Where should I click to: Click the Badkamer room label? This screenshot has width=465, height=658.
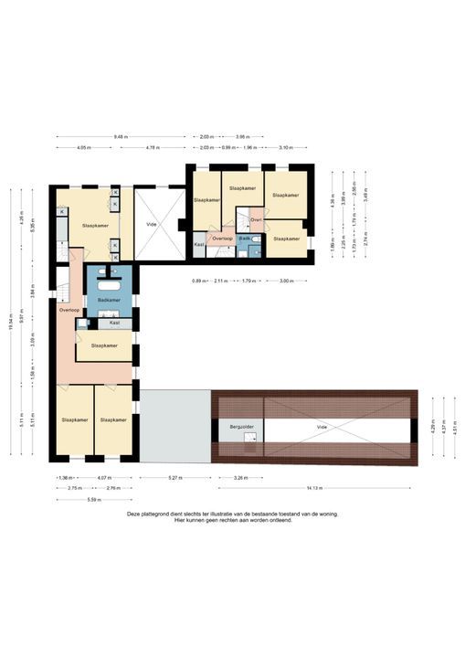[109, 300]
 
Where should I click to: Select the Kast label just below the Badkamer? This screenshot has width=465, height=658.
[114, 323]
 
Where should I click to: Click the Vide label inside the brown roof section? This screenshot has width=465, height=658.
[322, 427]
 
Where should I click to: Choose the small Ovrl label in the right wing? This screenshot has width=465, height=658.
[256, 220]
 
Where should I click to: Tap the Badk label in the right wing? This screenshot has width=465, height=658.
[245, 239]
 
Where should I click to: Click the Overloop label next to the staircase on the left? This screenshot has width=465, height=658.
[69, 311]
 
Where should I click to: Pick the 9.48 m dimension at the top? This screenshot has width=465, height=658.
[121, 136]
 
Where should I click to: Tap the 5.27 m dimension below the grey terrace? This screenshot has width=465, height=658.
[174, 477]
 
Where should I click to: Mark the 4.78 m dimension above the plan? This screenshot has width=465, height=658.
[153, 147]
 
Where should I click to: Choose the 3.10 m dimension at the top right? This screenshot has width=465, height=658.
[286, 147]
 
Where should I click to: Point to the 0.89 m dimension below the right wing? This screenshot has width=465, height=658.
[197, 281]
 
